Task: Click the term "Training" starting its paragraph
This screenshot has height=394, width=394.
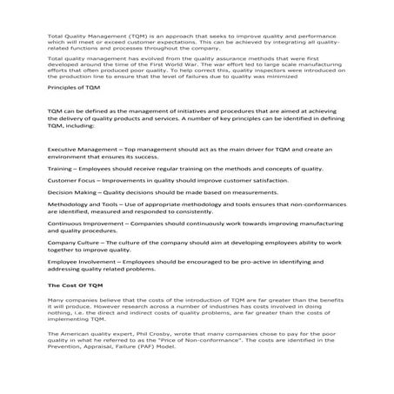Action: pos(60,167)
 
